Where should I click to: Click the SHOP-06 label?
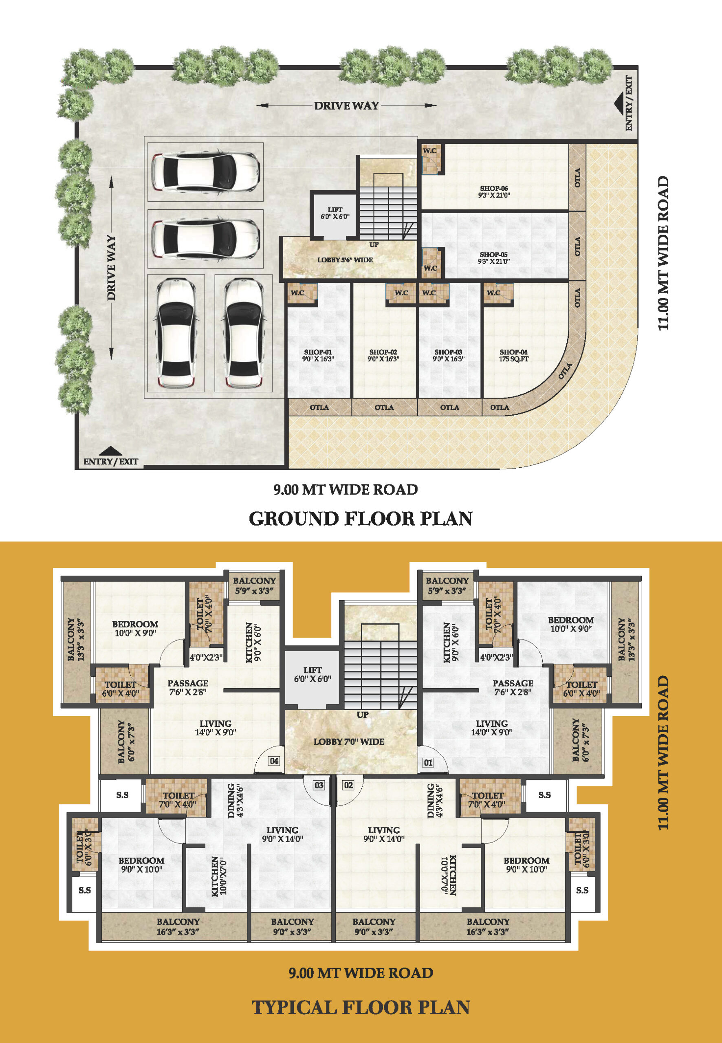point(494,188)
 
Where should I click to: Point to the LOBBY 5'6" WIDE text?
point(345,260)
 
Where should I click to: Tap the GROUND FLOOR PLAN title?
point(361,518)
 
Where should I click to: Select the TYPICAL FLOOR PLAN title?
point(361,1007)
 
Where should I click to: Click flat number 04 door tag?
point(274,761)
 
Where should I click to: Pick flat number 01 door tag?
point(428,763)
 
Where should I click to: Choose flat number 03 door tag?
point(319,785)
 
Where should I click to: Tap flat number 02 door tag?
point(348,785)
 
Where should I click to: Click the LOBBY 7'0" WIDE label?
point(349,742)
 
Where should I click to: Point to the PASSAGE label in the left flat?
point(188,683)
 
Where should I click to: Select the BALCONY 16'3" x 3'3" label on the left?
point(178,927)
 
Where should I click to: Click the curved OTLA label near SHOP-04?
point(565,371)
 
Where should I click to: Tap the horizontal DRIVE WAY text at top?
point(346,106)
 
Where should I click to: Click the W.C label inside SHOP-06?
point(430,151)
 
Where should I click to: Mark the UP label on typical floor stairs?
point(362,715)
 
